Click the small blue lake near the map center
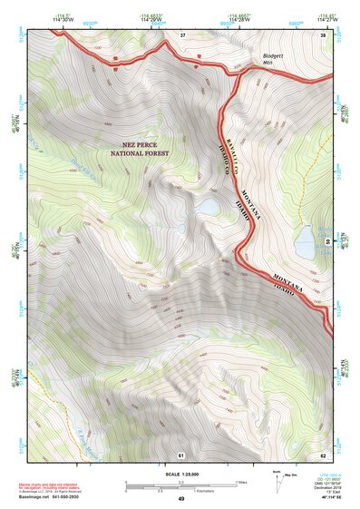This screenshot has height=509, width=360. click(209, 208)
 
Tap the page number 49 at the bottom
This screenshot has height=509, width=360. click(180, 499)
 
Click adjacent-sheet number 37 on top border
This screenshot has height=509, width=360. click(181, 34)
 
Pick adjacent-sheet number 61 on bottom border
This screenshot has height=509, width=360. click(180, 455)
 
